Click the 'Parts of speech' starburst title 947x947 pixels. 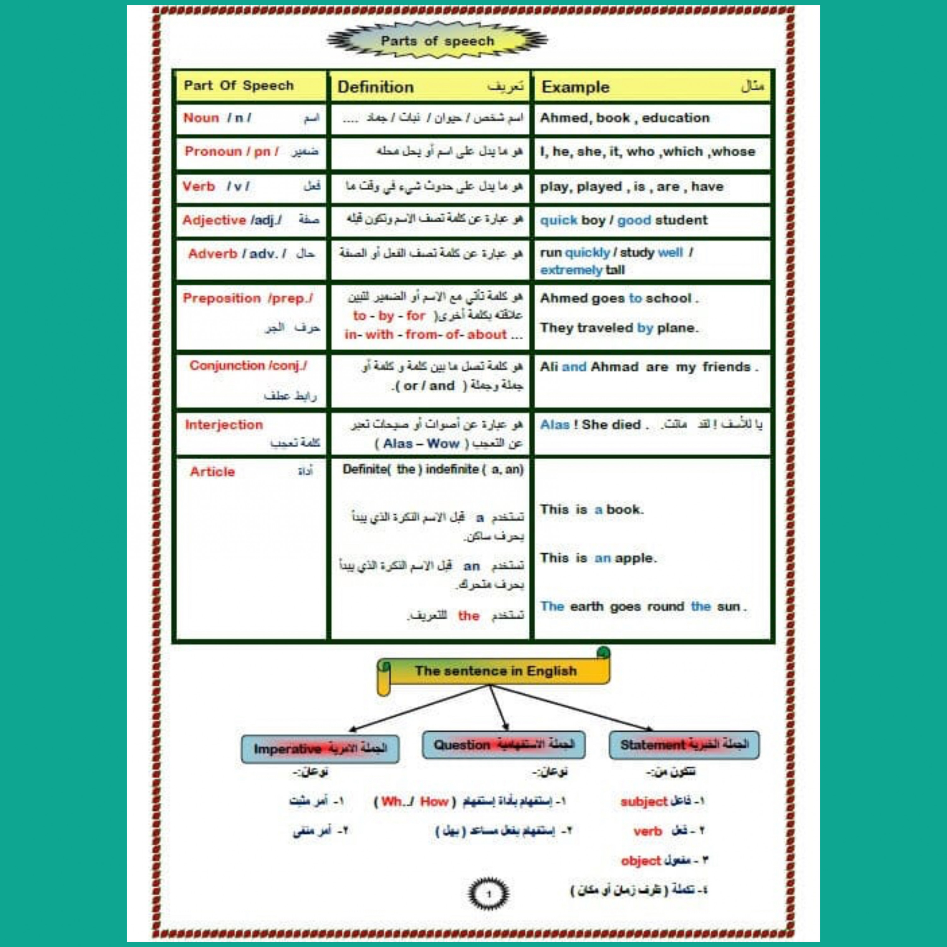click(437, 41)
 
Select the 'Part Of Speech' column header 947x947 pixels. click(238, 86)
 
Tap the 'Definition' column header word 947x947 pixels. click(375, 87)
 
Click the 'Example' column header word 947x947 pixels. click(575, 87)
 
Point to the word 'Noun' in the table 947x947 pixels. click(201, 118)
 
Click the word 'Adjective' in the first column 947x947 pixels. click(214, 221)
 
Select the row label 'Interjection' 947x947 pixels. click(223, 425)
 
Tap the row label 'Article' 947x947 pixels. click(212, 472)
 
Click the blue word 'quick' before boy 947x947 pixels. click(558, 221)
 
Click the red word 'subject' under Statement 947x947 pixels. click(644, 802)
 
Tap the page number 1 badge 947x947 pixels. click(488, 894)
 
